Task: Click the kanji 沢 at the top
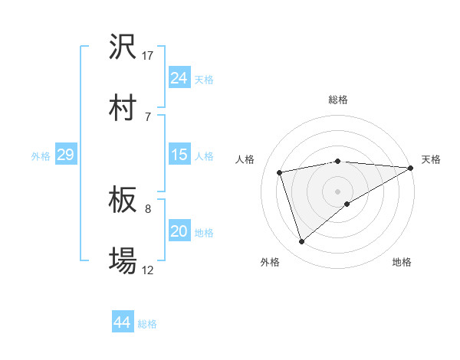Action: [123, 47]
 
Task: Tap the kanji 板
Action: [123, 201]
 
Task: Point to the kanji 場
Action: [123, 261]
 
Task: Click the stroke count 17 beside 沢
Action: [148, 56]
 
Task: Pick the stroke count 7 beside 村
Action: [148, 116]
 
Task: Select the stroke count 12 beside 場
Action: [148, 270]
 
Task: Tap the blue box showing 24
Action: [179, 77]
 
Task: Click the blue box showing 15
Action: [179, 155]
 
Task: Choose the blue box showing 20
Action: [179, 231]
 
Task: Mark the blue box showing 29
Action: [65, 155]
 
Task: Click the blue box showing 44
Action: [123, 322]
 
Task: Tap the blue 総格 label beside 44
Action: [147, 324]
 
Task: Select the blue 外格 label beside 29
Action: [41, 156]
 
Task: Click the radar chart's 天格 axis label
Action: [431, 159]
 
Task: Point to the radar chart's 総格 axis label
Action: [338, 100]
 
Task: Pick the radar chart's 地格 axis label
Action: [402, 262]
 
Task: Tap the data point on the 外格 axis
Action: [301, 242]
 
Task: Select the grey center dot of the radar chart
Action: [338, 191]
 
